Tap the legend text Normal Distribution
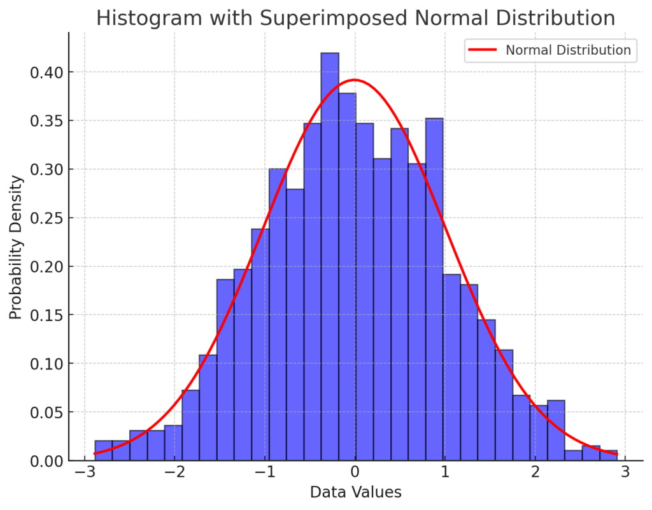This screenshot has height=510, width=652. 568,50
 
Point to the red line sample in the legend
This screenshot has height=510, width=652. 482,50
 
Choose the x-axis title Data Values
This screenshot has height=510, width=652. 355,492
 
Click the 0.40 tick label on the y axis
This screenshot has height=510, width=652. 47,72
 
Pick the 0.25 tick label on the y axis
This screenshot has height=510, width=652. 47,218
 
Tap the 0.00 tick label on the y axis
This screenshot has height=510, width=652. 47,460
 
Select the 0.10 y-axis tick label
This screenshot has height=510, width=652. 47,364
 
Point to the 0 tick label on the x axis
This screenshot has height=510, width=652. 355,472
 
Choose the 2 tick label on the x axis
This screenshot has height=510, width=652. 535,472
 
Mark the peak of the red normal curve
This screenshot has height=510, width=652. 355,80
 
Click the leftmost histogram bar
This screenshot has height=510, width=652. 104,451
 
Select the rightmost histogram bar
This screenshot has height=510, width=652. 608,455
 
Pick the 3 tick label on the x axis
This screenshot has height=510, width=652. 625,472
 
